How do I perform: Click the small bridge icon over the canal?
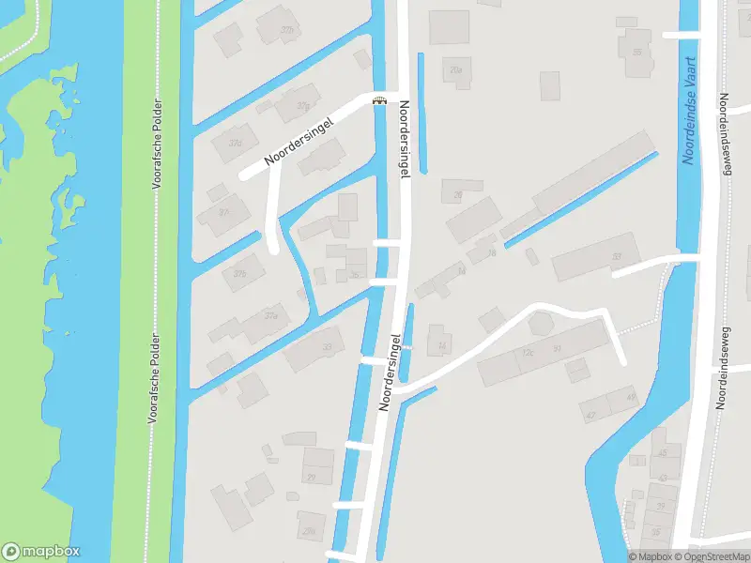pos(379,101)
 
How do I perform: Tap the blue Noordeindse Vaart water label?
pos(689,111)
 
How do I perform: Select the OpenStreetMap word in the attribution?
pos(713,556)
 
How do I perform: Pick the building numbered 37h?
pos(287,30)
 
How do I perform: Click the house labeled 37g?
pos(302,106)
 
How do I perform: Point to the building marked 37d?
pos(235,144)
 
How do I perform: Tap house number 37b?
pos(239,273)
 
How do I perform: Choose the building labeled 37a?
pos(270,315)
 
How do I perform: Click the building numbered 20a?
pos(456,69)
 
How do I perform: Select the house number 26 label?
pos(458,195)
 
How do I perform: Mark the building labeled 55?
pos(637,52)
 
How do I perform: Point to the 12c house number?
pos(528,353)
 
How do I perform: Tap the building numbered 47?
pos(590,414)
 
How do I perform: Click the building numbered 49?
pos(631,398)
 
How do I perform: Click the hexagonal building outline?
pos(542,325)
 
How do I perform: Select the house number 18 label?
pos(491,253)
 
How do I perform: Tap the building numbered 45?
pos(662,453)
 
